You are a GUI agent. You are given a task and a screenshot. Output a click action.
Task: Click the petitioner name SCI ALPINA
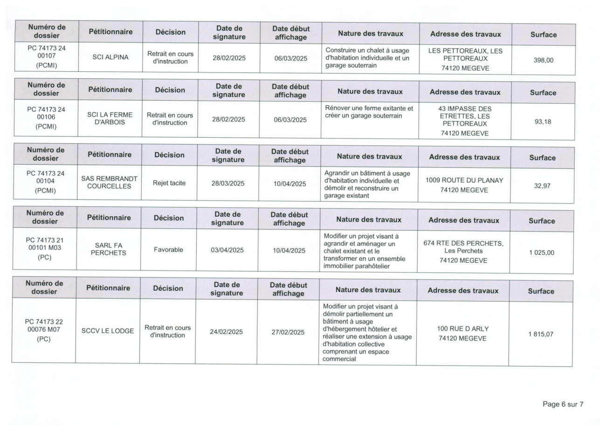(x=110, y=58)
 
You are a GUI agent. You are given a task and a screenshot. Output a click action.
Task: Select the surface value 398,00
(x=543, y=60)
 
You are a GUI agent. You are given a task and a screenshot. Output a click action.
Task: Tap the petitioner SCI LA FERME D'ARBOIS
(x=110, y=118)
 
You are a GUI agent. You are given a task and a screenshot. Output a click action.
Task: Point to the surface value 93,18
(x=543, y=122)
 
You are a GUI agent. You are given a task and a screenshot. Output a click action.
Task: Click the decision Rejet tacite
(x=169, y=183)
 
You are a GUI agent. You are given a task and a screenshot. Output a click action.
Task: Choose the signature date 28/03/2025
(x=228, y=184)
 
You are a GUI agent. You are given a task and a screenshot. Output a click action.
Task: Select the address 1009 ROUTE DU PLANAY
(x=464, y=181)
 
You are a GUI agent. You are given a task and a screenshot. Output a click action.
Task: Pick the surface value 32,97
(x=542, y=186)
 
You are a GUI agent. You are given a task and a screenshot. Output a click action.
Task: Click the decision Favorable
(x=168, y=250)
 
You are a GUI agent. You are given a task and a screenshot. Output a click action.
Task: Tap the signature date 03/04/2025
(x=227, y=250)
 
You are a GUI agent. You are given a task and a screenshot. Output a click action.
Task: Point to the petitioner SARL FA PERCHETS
(x=108, y=249)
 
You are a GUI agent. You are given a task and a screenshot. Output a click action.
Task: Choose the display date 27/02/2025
(x=288, y=333)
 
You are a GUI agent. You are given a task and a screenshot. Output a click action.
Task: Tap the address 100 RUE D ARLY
(x=462, y=329)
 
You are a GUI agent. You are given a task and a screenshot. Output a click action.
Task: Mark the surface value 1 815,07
(x=541, y=334)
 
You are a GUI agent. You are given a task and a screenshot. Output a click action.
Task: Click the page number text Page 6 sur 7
(x=563, y=404)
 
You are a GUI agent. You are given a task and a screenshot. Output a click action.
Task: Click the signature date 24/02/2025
(x=226, y=332)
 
